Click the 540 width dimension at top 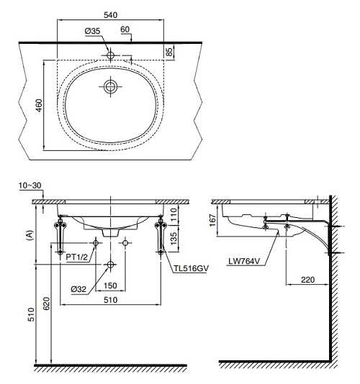pos(110,15)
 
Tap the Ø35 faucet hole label pos(92,31)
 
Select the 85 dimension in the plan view pos(169,52)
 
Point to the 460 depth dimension pos(39,105)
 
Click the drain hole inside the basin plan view pos(110,86)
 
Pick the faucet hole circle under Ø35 pos(110,55)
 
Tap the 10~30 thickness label pos(30,186)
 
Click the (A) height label pos(30,235)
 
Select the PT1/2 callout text pos(76,257)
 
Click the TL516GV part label pos(192,268)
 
